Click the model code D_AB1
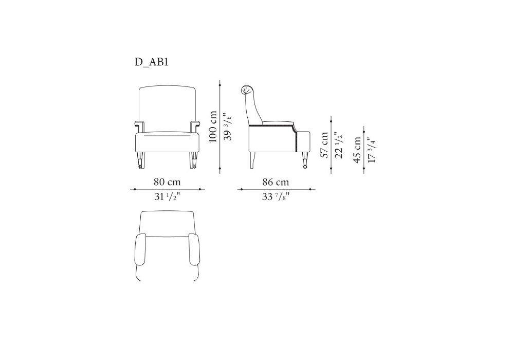[152, 62]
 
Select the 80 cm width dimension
[167, 182]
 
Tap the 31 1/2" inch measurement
[167, 197]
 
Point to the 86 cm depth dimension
[276, 182]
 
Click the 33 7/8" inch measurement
[276, 197]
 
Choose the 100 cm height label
[213, 127]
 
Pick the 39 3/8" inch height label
[228, 127]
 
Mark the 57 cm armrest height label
[324, 145]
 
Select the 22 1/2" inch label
[339, 145]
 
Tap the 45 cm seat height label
[357, 150]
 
